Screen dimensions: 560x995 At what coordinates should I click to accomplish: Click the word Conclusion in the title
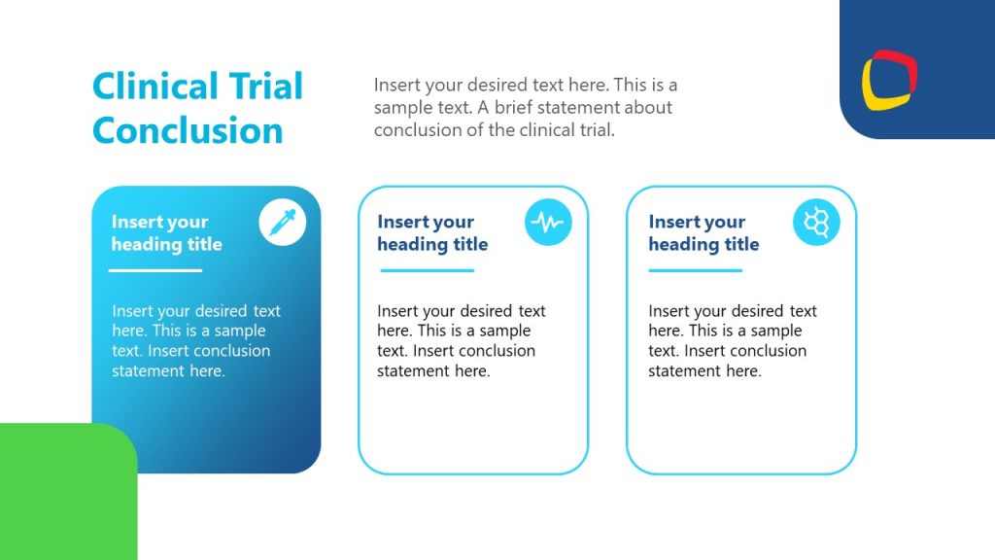(188, 130)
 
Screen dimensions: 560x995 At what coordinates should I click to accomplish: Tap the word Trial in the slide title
(265, 87)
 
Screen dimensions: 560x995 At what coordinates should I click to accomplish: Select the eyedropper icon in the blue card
(282, 224)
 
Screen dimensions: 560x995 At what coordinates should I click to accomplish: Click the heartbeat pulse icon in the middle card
(548, 224)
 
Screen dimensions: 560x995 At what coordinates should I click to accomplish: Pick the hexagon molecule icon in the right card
(816, 224)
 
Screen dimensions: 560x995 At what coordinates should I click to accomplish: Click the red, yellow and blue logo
(889, 79)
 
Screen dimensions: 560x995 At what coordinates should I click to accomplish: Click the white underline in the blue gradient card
(155, 270)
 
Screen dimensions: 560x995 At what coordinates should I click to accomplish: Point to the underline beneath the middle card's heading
(427, 270)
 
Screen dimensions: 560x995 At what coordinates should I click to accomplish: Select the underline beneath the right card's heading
(695, 270)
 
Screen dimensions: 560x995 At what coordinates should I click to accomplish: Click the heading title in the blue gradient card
(166, 233)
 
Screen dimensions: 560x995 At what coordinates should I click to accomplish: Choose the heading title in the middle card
(432, 233)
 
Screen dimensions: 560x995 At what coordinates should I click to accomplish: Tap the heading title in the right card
(703, 233)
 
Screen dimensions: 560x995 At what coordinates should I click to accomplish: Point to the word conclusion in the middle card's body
(496, 350)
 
